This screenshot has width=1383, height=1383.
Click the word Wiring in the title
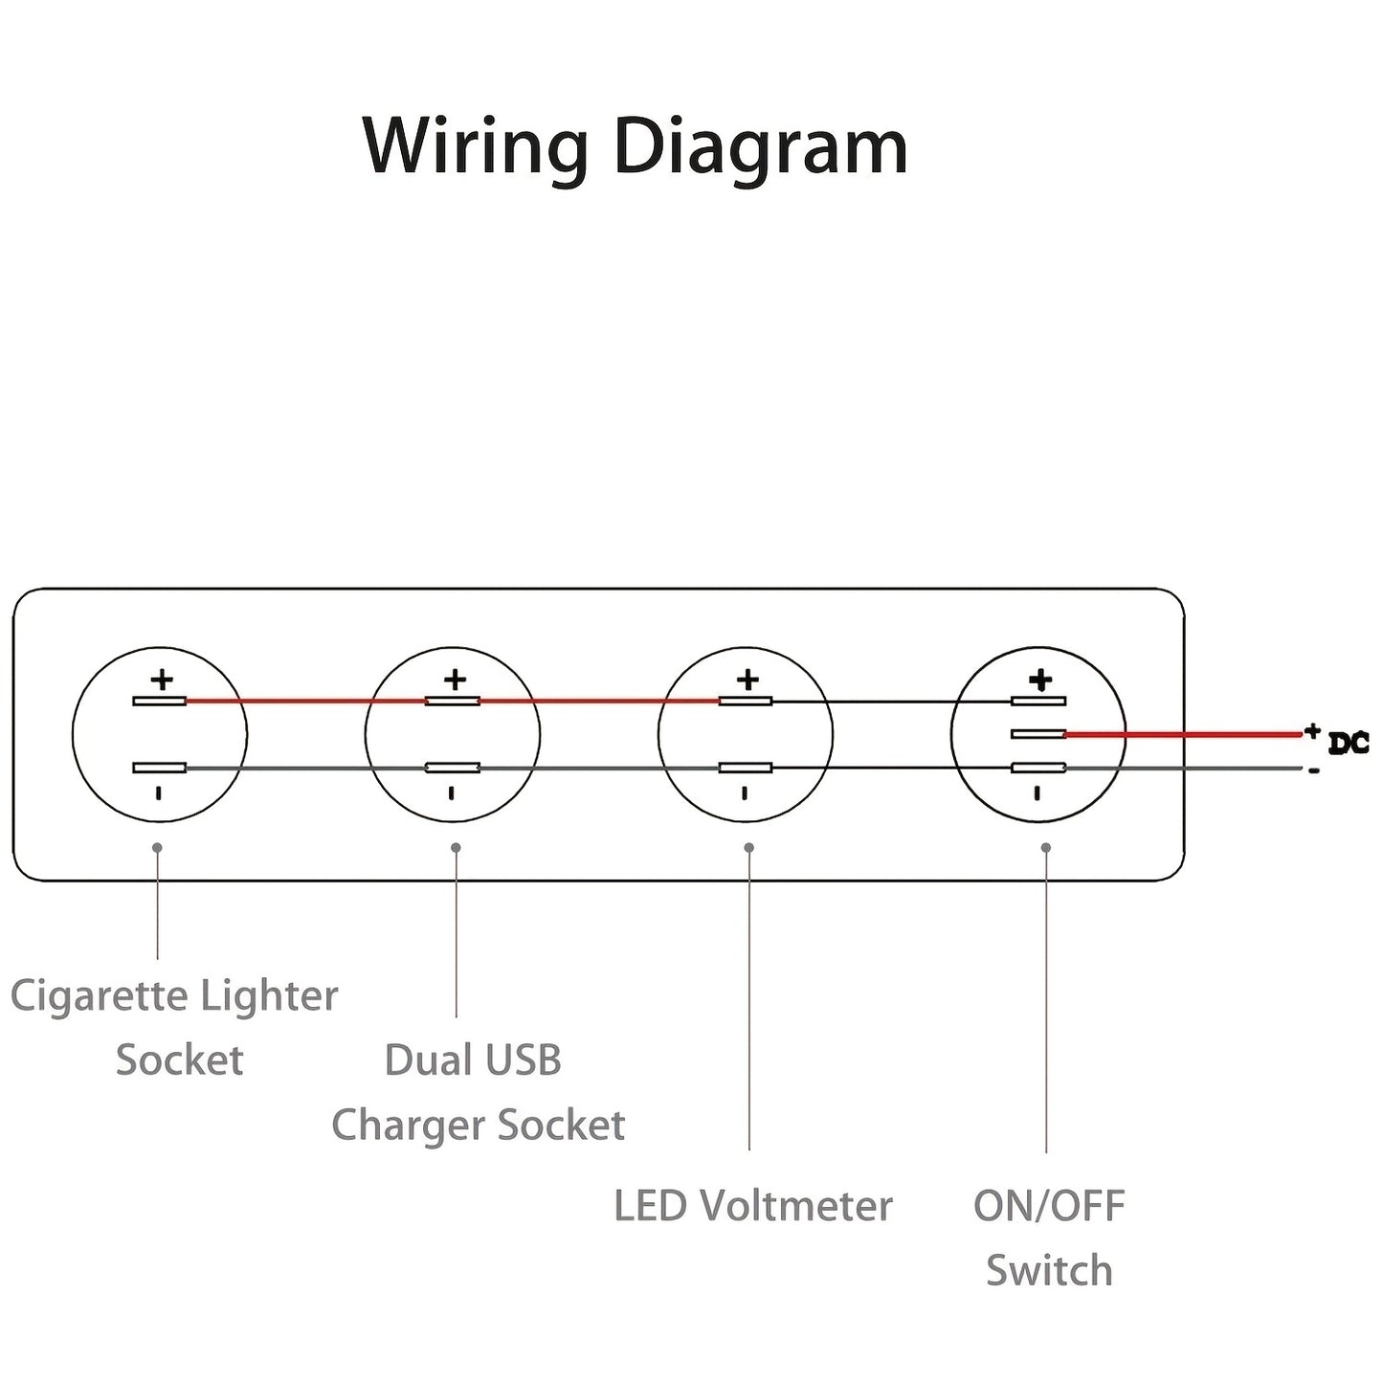click(475, 147)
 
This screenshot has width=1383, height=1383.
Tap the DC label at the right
click(1348, 743)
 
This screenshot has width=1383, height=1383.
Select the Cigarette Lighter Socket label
click(174, 1027)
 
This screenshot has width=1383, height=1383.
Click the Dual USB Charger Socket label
click(477, 1092)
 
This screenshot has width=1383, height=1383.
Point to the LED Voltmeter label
click(752, 1206)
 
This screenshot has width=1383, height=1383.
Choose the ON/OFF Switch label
click(1049, 1238)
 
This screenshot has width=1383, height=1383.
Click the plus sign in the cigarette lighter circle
click(162, 680)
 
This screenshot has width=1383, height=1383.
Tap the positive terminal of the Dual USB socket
click(452, 702)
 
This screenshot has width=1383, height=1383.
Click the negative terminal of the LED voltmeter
click(745, 768)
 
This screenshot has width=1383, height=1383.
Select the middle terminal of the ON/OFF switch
click(1038, 734)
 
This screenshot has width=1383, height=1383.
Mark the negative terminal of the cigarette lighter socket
click(159, 768)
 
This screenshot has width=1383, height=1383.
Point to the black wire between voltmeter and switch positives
click(890, 702)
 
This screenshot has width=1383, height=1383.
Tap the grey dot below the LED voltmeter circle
click(748, 848)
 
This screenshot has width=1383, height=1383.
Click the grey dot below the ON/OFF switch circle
click(1045, 848)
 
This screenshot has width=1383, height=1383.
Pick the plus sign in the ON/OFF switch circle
click(1040, 680)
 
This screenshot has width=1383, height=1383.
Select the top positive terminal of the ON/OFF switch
click(1038, 702)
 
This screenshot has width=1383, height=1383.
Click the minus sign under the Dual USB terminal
click(452, 792)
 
